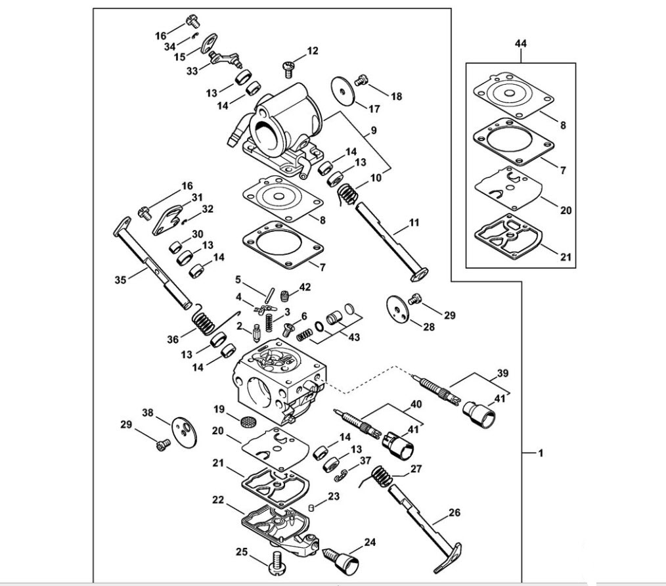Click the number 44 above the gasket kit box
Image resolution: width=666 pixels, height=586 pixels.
coord(521,43)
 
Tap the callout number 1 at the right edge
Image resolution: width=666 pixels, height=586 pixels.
coord(541,453)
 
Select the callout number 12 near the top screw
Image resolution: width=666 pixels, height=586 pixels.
coord(313,51)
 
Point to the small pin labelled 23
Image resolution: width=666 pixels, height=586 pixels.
coord(311,507)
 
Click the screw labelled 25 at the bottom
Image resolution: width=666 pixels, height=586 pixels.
coord(277,564)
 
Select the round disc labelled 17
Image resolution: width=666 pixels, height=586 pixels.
coord(344,90)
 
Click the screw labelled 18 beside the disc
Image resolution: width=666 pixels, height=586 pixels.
coord(361,79)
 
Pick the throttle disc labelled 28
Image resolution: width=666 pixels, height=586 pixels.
coord(398,309)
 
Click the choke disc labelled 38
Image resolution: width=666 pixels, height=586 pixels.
coord(185,432)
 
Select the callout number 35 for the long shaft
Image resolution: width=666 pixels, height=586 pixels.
coord(121,280)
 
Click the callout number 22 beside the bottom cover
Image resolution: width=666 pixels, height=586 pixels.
coord(218,500)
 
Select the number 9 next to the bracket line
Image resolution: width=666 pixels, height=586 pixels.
coord(374,130)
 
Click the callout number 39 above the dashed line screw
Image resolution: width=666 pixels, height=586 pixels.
coord(502,373)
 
